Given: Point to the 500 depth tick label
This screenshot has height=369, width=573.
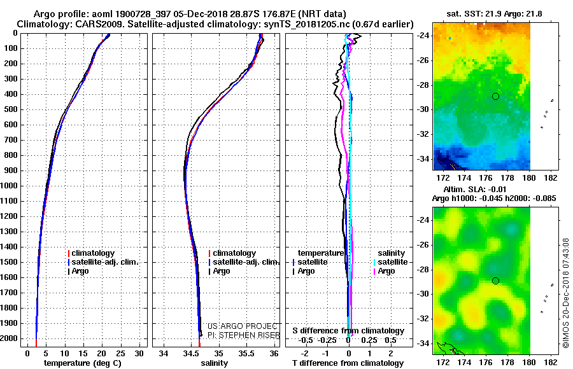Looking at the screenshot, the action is (x=11, y=109).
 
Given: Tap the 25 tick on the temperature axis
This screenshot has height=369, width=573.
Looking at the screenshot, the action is (x=120, y=354).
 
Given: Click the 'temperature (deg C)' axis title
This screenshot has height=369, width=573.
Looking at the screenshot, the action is (x=83, y=363).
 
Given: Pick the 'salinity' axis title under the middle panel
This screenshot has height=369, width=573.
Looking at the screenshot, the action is (x=214, y=363).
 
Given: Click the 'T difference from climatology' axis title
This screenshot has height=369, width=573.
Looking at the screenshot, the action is (x=348, y=363).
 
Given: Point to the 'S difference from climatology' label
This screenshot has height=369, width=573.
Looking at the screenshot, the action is (x=348, y=331).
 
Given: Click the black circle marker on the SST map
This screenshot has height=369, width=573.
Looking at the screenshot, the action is (x=495, y=97).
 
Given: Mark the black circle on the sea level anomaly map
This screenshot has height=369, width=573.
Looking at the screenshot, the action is (x=495, y=281).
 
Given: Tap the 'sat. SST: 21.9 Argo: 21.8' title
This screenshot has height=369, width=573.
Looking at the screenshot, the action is (x=494, y=14).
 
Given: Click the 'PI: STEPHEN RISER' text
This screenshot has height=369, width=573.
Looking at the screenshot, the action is (x=243, y=335).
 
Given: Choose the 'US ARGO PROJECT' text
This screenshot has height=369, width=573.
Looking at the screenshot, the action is (x=243, y=326).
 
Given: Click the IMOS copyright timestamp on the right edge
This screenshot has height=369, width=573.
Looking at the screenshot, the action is (x=566, y=293).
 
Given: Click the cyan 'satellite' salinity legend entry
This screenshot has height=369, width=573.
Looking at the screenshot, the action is (x=390, y=262).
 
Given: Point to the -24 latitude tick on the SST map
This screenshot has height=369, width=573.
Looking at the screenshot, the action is (x=423, y=36).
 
